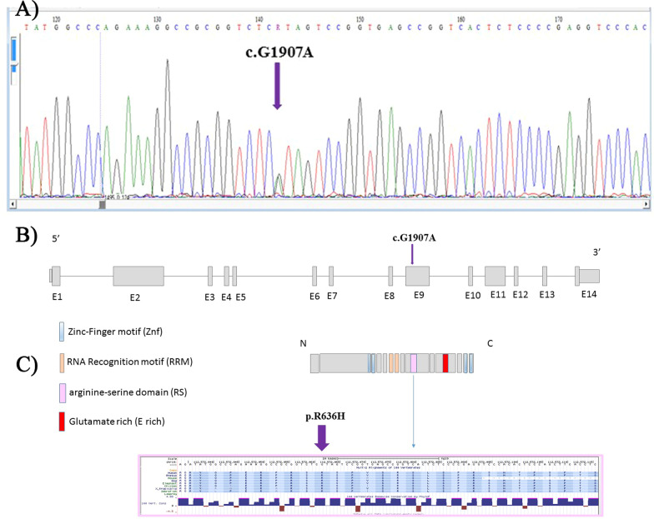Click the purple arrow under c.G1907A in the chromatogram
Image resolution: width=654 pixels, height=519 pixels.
[x=277, y=92]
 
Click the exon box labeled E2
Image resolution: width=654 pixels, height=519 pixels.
[x=138, y=277]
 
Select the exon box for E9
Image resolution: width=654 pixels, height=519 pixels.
[x=417, y=277]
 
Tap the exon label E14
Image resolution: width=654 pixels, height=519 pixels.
[x=586, y=295]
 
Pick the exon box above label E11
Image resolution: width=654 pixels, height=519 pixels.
[x=496, y=277]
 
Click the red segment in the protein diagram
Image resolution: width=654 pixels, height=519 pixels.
[x=445, y=363]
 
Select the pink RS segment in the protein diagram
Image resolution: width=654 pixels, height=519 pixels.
[x=414, y=363]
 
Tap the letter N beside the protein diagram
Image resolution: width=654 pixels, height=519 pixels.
[x=315, y=342]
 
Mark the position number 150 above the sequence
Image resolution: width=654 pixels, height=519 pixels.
[x=360, y=18]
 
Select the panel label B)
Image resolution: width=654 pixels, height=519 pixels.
[x=28, y=232]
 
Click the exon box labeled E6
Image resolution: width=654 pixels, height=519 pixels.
[x=314, y=277]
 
